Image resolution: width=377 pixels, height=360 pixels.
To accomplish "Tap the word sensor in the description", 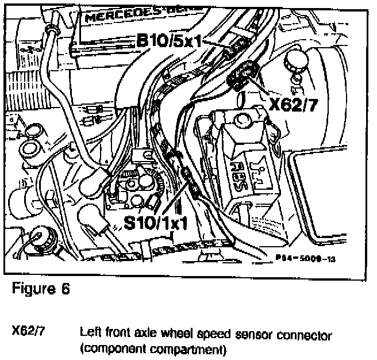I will point(257,333).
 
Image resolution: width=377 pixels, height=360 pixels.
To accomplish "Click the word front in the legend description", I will point(122,333).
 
